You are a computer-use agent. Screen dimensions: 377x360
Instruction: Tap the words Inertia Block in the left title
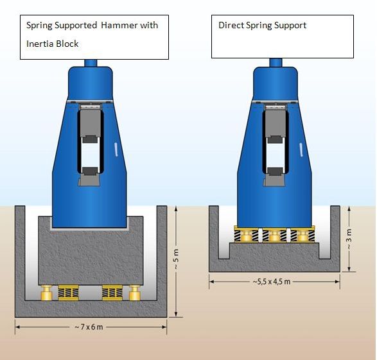(53, 44)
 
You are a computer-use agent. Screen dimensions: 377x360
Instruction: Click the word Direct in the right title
(231, 25)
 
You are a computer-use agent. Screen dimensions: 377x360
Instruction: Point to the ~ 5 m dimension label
(176, 259)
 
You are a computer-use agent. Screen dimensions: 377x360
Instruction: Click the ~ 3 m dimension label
(349, 239)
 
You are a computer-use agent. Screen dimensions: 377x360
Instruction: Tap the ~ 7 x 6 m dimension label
(89, 327)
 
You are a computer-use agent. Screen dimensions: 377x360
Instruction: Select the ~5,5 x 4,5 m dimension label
(272, 281)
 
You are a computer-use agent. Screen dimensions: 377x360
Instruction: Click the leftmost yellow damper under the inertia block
(47, 293)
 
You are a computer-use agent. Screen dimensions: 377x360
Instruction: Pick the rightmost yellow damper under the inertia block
(135, 293)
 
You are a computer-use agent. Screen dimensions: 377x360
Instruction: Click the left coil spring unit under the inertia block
(69, 293)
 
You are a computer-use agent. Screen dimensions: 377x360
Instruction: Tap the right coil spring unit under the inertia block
(112, 293)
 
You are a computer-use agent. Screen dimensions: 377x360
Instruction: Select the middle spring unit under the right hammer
(275, 234)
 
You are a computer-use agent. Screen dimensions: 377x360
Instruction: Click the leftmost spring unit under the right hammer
(247, 234)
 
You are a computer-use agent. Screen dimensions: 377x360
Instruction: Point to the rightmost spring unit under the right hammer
(302, 234)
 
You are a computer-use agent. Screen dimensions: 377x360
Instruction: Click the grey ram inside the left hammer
(91, 123)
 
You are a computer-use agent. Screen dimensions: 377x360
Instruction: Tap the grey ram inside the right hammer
(276, 123)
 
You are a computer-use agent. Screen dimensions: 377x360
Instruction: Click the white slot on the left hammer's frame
(116, 150)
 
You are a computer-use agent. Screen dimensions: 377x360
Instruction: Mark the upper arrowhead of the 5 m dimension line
(176, 209)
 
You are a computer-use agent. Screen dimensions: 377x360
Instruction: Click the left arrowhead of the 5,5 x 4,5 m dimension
(211, 282)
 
